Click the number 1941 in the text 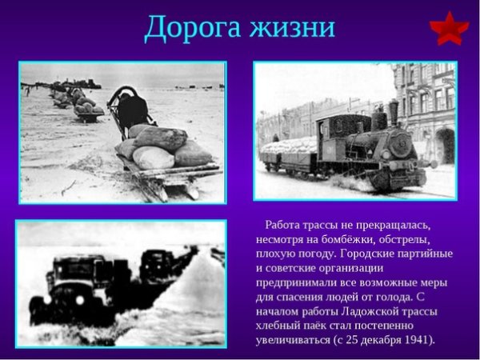(413, 339)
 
